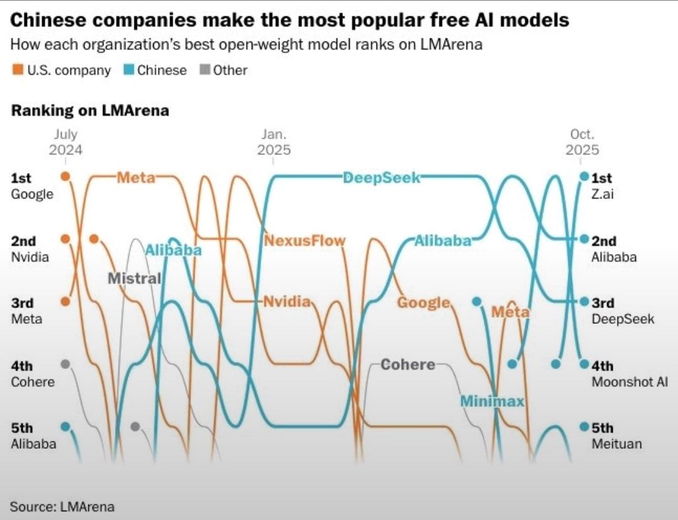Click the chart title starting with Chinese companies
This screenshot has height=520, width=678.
pyautogui.click(x=290, y=20)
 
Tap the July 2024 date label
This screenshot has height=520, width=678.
pyautogui.click(x=65, y=142)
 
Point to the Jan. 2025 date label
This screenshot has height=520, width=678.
pyautogui.click(x=274, y=142)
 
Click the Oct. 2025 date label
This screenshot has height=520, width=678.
pyautogui.click(x=582, y=142)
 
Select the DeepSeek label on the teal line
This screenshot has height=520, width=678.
pyautogui.click(x=382, y=178)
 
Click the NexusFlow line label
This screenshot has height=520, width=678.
pyautogui.click(x=304, y=240)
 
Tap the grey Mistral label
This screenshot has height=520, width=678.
pyautogui.click(x=134, y=278)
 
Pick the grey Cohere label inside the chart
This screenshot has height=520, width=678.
pyautogui.click(x=407, y=364)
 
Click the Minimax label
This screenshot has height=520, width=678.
pyautogui.click(x=492, y=401)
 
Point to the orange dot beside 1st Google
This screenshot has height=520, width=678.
pyautogui.click(x=65, y=176)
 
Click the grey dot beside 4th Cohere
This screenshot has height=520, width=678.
pyautogui.click(x=65, y=364)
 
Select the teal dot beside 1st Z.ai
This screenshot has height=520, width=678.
pyautogui.click(x=584, y=177)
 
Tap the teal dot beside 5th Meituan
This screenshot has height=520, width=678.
pyautogui.click(x=584, y=427)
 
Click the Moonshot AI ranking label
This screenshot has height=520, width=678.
pyautogui.click(x=629, y=382)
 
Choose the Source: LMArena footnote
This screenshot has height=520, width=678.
pyautogui.click(x=62, y=506)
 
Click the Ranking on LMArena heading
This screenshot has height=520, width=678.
pyautogui.click(x=90, y=111)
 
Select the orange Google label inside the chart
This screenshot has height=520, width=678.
pyautogui.click(x=424, y=302)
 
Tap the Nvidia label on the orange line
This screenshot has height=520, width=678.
pyautogui.click(x=287, y=301)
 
